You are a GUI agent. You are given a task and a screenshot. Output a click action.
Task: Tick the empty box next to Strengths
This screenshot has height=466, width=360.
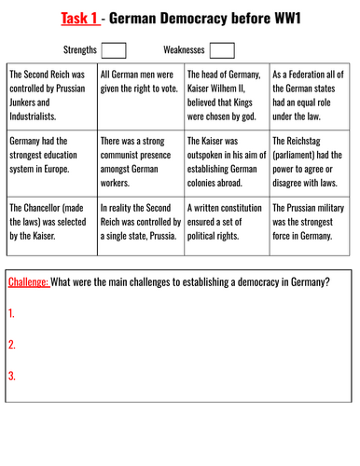[x=115, y=49]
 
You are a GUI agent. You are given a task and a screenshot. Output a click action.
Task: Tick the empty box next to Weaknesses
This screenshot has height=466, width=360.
[x=223, y=49]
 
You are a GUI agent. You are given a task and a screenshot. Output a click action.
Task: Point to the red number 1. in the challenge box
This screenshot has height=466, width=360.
[x=12, y=314]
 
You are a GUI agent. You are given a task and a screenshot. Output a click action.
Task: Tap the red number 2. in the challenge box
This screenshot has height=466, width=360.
[x=12, y=345]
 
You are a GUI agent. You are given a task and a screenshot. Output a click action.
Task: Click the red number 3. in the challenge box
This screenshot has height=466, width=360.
[x=12, y=376]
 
